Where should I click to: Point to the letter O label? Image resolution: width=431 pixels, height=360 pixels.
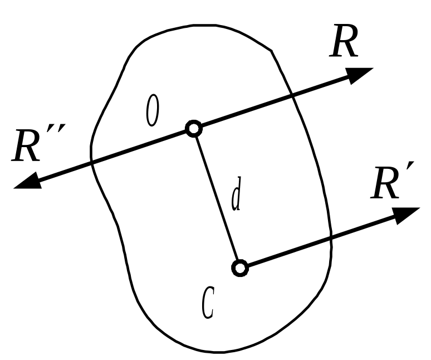click(152, 110)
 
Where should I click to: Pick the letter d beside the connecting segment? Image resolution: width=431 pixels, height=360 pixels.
click(236, 197)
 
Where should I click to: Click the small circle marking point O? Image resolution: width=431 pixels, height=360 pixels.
click(193, 129)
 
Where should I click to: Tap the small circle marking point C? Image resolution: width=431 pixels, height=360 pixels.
click(239, 269)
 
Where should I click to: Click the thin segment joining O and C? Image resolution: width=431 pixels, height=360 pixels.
click(216, 198)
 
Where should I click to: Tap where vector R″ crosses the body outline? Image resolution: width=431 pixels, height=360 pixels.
click(92, 162)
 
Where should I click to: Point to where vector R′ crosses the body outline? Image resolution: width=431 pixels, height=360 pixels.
click(331, 239)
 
